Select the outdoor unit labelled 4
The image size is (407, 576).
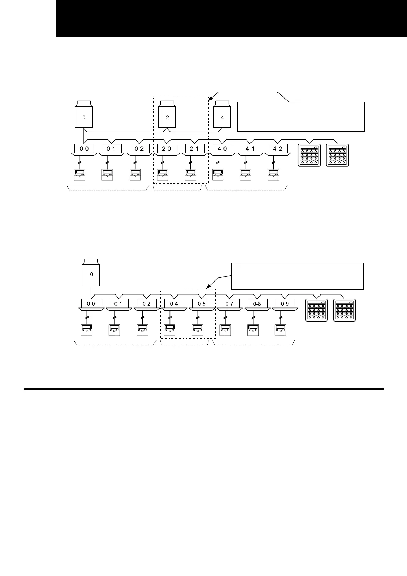point(222,117)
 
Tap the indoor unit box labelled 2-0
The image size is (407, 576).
point(166,149)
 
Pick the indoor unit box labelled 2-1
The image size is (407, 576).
point(194,149)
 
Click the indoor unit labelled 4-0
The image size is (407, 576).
point(222,149)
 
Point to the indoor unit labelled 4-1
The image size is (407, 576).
point(250,149)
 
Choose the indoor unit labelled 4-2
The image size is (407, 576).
point(278,149)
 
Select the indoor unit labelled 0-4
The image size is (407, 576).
point(174,304)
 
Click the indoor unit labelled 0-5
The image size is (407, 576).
point(202,304)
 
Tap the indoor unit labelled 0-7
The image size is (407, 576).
point(229,304)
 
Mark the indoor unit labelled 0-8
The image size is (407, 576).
point(257,304)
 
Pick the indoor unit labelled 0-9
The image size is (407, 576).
point(285,304)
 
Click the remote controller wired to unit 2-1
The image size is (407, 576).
point(190,174)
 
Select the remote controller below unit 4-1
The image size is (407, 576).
point(245,174)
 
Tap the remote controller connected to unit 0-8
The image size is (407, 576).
point(253,330)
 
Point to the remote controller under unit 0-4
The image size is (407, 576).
point(170,330)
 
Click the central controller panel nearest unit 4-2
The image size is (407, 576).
point(309,155)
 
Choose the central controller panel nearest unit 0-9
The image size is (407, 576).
point(316,310)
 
